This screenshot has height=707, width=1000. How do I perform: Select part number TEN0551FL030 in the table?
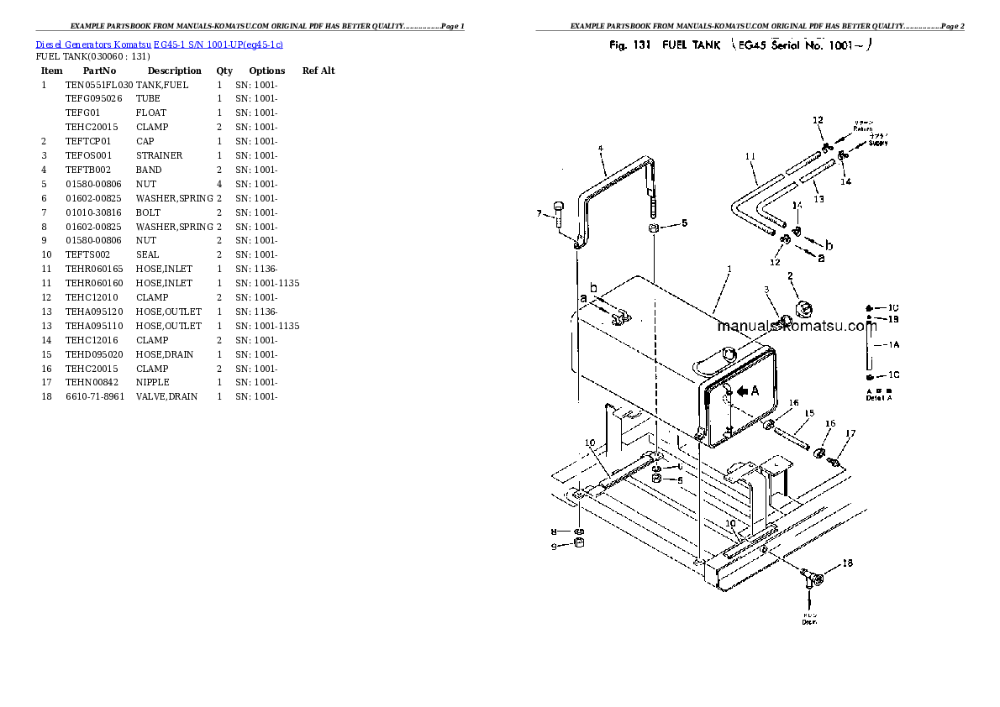[99, 85]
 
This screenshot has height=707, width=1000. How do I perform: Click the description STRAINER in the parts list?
[160, 155]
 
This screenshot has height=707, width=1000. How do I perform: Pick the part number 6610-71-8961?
[95, 396]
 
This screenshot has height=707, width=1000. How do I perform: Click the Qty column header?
[224, 71]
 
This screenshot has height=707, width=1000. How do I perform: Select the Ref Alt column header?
[318, 71]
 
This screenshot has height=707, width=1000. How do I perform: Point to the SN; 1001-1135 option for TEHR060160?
[267, 283]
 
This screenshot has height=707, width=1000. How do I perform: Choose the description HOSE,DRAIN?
[165, 354]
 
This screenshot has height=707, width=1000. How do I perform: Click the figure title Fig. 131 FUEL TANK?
[664, 45]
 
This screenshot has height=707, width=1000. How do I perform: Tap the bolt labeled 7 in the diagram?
[560, 215]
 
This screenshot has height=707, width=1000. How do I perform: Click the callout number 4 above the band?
[601, 149]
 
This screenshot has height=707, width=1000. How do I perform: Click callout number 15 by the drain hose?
[809, 413]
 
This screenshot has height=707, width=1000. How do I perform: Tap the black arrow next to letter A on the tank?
[743, 390]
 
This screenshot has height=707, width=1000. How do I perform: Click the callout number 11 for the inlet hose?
[750, 156]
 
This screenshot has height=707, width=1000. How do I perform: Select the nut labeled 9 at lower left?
[579, 547]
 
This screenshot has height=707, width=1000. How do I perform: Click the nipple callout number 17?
[850, 433]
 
